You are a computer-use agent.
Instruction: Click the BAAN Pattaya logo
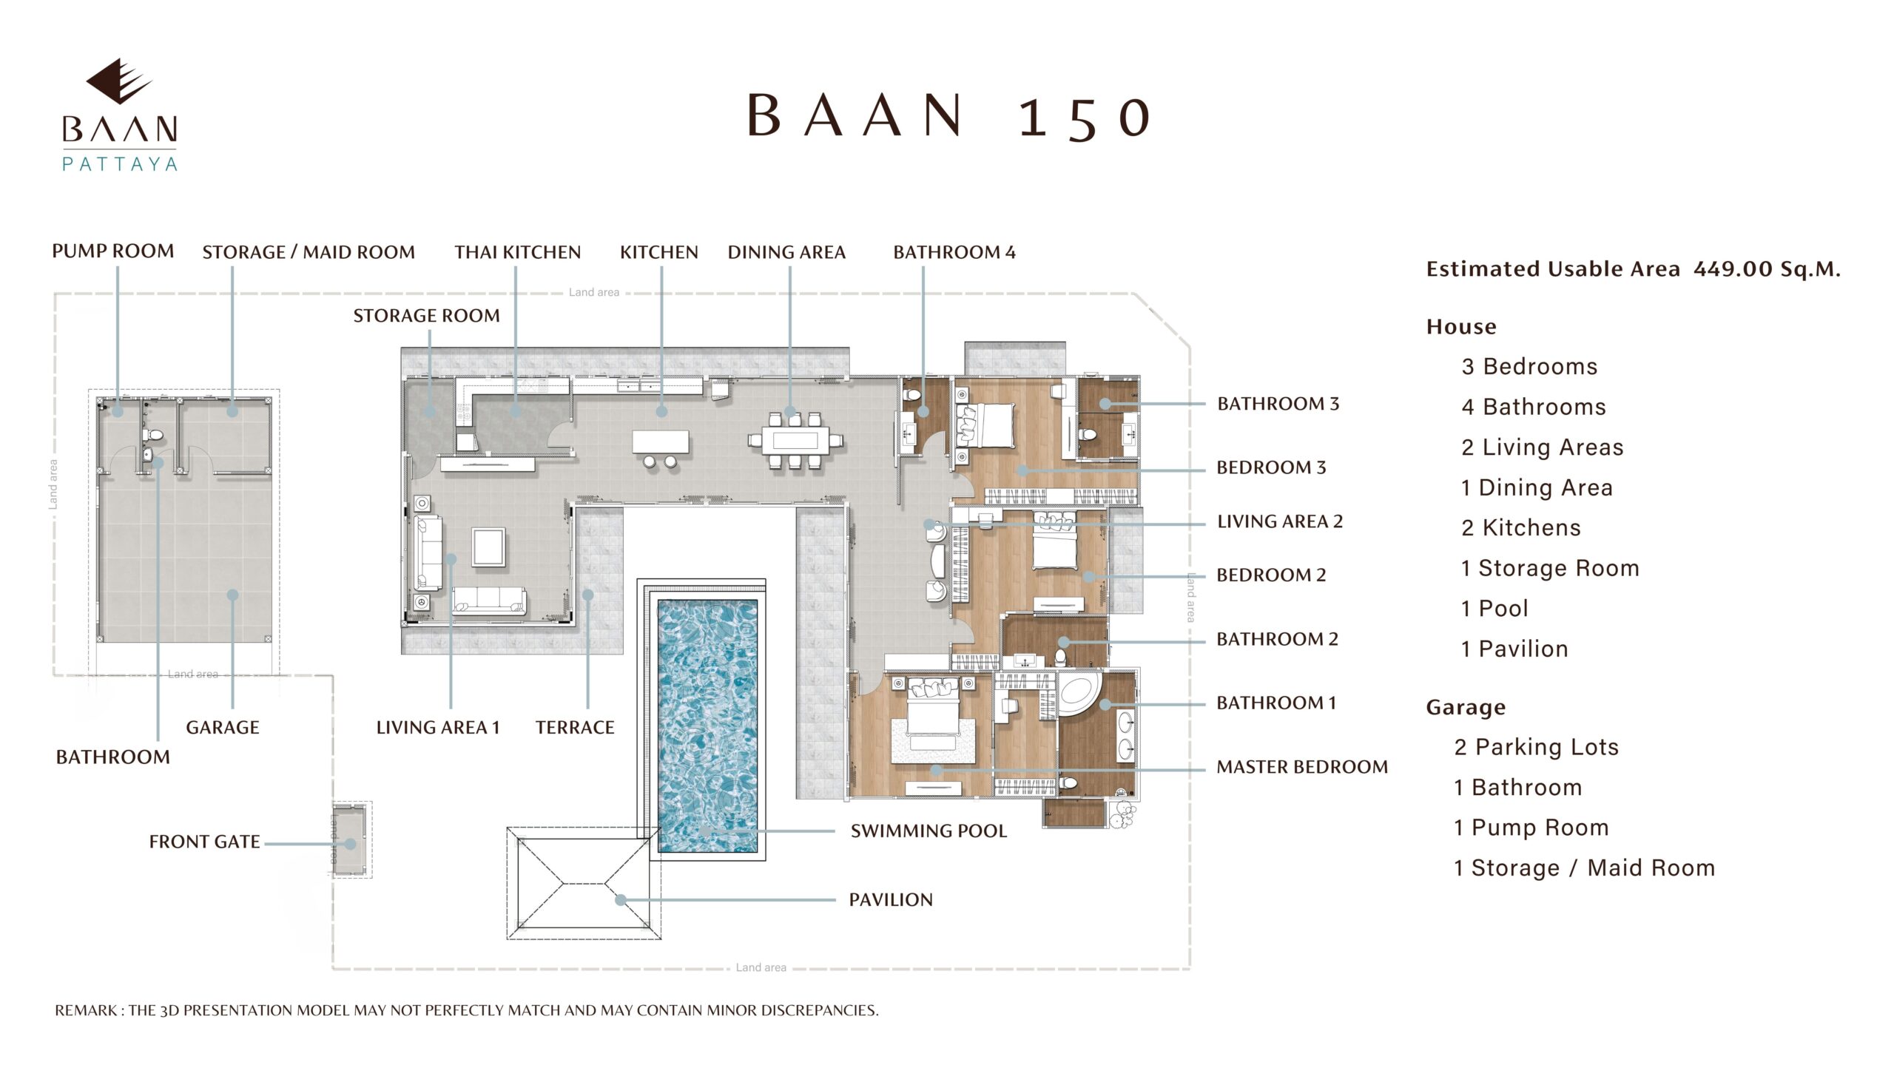[x=120, y=115]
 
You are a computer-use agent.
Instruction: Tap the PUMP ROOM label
[x=113, y=251]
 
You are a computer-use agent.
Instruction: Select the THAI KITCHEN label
[x=518, y=252]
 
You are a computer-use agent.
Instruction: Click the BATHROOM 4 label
[x=954, y=252]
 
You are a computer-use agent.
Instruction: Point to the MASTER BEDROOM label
[x=1302, y=767]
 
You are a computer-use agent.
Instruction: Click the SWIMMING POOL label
[x=929, y=831]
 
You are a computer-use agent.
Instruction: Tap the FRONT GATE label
[x=204, y=842]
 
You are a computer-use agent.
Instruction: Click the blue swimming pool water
[x=707, y=726]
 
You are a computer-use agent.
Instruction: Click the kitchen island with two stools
[x=660, y=448]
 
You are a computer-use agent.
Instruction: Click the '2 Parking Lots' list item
[x=1537, y=747]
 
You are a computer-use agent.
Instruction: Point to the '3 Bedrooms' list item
[x=1529, y=367]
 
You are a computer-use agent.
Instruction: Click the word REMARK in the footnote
[x=87, y=1010]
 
